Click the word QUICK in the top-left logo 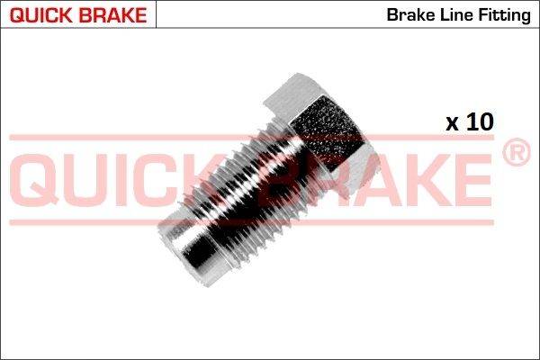[x=40, y=15]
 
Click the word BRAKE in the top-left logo [x=112, y=15]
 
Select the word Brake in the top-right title [x=409, y=14]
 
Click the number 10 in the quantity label [x=480, y=121]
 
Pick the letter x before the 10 [x=452, y=124]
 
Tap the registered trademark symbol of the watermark [x=517, y=152]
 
